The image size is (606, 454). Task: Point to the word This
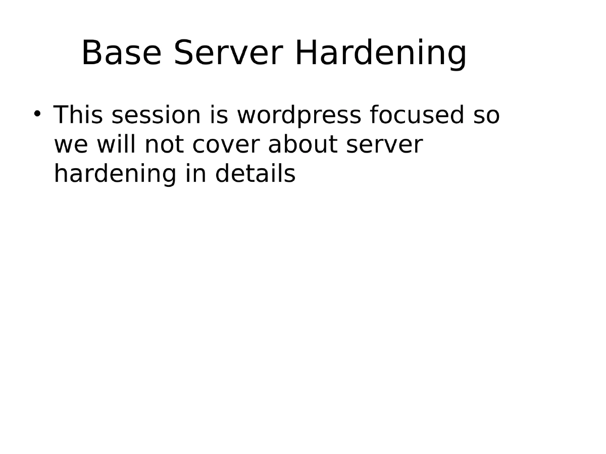[x=78, y=115]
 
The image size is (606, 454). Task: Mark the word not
[x=164, y=145]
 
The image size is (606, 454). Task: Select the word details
[x=255, y=174]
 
